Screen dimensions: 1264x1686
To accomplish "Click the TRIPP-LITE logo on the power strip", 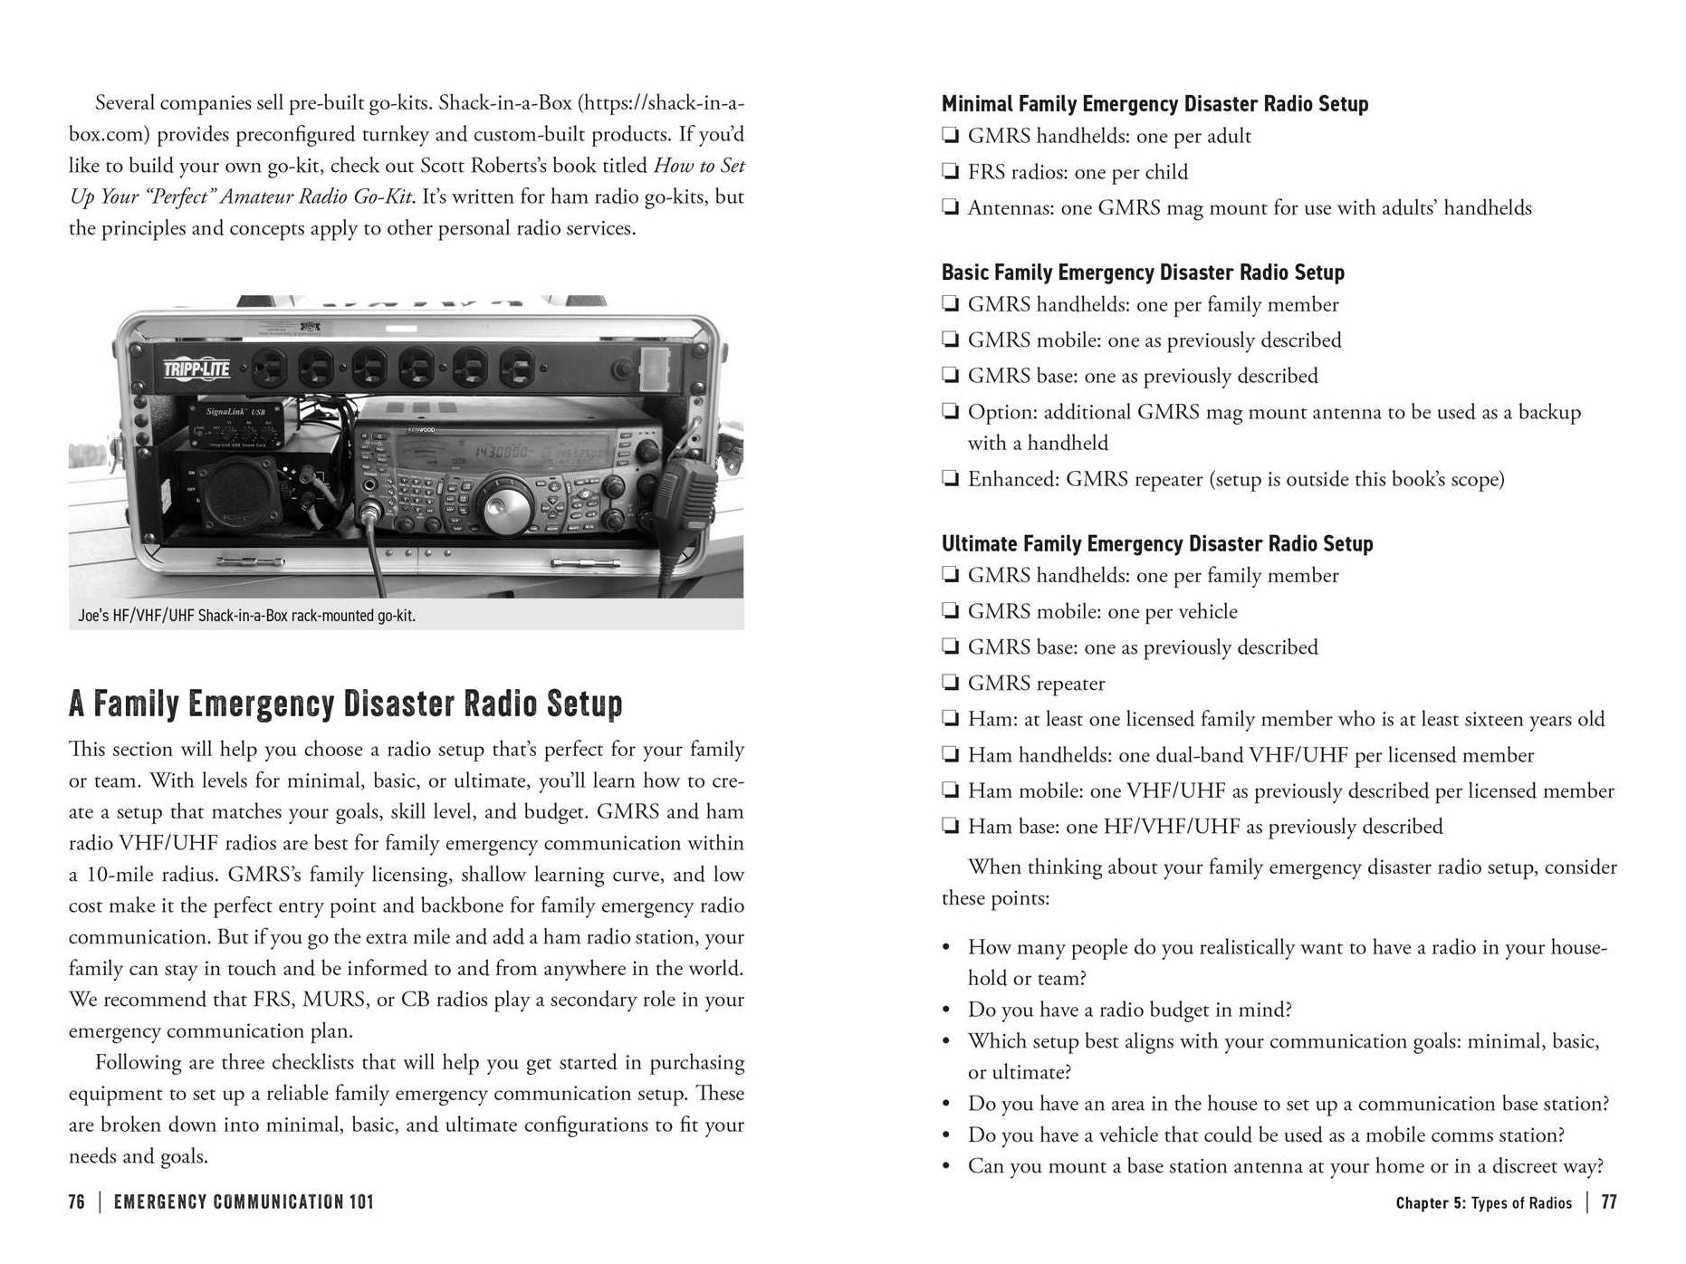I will pyautogui.click(x=196, y=369).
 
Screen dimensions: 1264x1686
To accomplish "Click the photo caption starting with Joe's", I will pyautogui.click(x=246, y=616).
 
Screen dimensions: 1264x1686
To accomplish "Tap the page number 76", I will pyautogui.click(x=77, y=1202).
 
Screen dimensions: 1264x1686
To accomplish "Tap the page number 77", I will pyautogui.click(x=1608, y=1202).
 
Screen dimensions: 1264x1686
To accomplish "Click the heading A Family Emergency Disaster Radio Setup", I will pyautogui.click(x=345, y=704).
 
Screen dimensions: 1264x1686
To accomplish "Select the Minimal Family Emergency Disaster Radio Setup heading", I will pyautogui.click(x=1154, y=104).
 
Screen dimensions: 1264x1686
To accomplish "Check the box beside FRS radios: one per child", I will pyautogui.click(x=950, y=172).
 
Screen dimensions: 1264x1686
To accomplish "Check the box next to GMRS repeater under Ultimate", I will pyautogui.click(x=950, y=683).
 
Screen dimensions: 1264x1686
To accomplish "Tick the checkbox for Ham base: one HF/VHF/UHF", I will pyautogui.click(x=950, y=826).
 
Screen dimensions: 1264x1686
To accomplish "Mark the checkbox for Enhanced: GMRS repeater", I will pyautogui.click(x=950, y=478).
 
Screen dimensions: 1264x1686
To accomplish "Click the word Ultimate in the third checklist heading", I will pyautogui.click(x=979, y=543).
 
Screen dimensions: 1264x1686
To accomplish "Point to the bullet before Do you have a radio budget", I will pyautogui.click(x=946, y=1010).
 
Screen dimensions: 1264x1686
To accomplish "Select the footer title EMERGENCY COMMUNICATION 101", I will pyautogui.click(x=244, y=1202).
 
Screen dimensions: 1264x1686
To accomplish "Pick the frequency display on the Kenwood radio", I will pyautogui.click(x=493, y=450).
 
